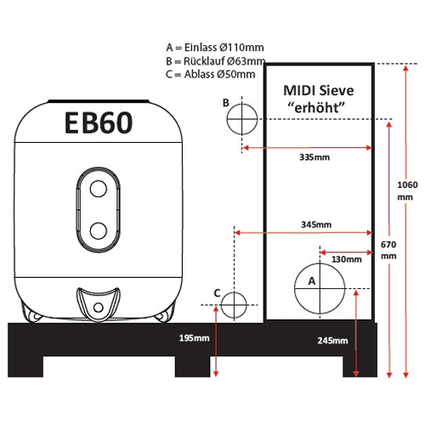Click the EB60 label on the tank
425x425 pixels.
[99, 122]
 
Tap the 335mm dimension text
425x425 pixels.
[314, 157]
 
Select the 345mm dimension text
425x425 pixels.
[316, 224]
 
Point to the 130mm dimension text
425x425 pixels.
[347, 259]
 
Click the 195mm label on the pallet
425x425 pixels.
[195, 337]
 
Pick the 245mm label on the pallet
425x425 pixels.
[332, 341]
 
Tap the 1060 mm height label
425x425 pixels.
[407, 190]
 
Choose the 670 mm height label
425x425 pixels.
[388, 250]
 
